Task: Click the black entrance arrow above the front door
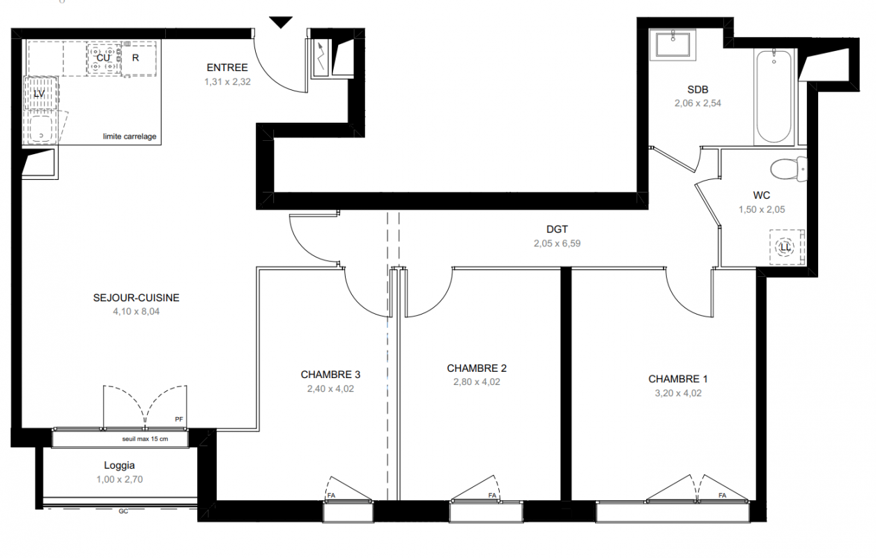point(281,22)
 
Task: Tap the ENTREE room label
point(227,68)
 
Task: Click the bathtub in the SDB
point(774,97)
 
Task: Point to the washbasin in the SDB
point(673,44)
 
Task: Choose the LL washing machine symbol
point(785,248)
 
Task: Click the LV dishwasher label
point(39,94)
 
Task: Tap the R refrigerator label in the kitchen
point(135,58)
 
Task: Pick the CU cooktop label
point(103,58)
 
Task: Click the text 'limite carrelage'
point(130,137)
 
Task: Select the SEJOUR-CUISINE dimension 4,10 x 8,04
point(136,312)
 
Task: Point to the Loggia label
point(119,465)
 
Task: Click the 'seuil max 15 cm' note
point(145,439)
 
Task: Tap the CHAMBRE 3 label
point(330,375)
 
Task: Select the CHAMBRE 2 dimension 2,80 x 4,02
point(477,382)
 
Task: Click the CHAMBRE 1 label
point(677,379)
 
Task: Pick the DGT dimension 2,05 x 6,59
point(558,243)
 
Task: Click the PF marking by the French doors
point(178,419)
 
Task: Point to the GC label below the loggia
point(123,511)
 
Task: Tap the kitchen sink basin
point(41,128)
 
